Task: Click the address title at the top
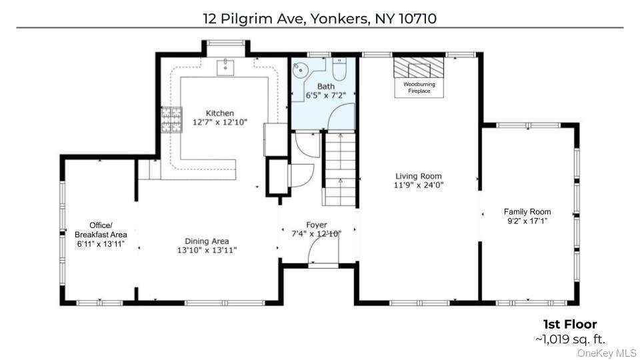[320, 18]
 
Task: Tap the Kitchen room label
[219, 113]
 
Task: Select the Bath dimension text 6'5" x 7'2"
[325, 96]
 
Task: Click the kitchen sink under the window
[225, 67]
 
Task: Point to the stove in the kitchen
[172, 120]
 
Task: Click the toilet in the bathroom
[339, 69]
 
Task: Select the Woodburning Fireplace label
[419, 87]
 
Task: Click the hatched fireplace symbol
[418, 68]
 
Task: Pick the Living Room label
[419, 177]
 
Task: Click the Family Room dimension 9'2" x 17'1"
[527, 221]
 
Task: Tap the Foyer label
[317, 225]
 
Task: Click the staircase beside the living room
[340, 167]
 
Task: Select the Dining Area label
[207, 241]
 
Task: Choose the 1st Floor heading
[570, 325]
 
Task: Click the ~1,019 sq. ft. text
[570, 339]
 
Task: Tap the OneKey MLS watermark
[607, 353]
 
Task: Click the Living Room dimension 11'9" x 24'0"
[419, 185]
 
